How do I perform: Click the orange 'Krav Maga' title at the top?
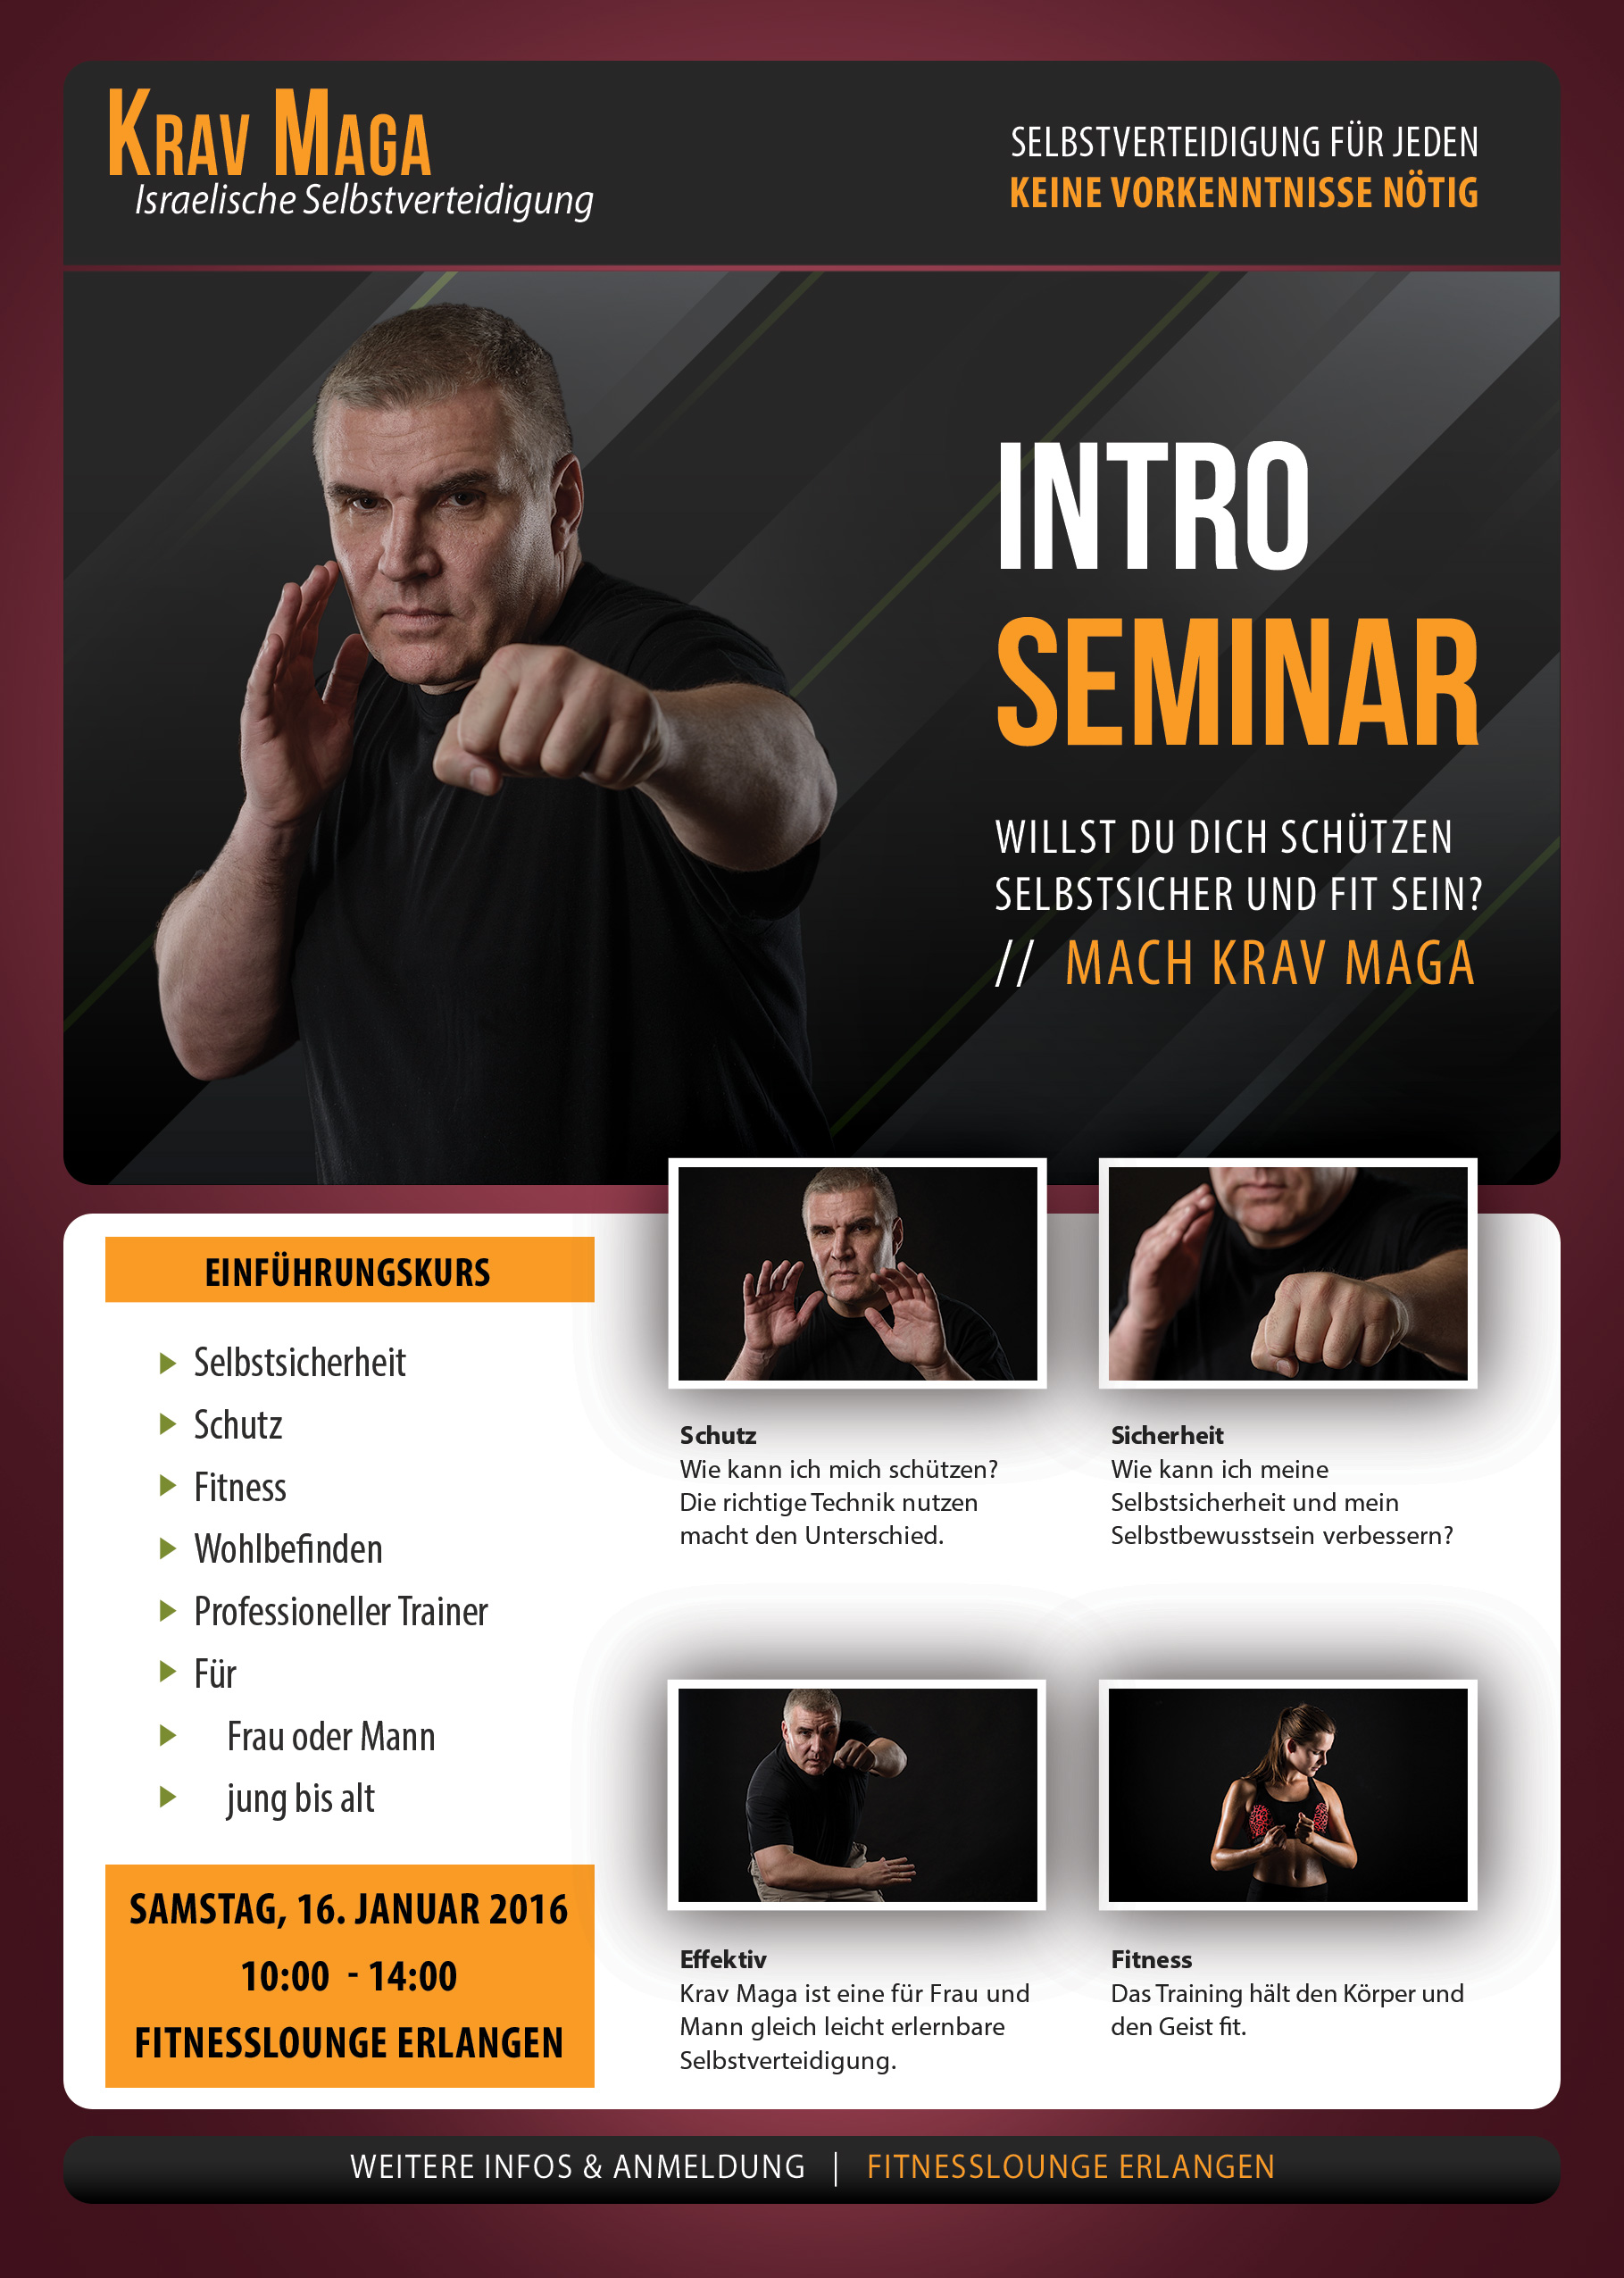tap(269, 132)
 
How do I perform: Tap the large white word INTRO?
tap(1153, 506)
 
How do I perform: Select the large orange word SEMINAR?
tap(1237, 682)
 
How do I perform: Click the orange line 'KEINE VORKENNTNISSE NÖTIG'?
tap(1244, 193)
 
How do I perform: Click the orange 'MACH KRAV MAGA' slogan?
tap(1269, 963)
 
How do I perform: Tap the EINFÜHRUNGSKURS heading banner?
tap(349, 1270)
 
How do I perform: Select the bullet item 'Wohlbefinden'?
tap(288, 1549)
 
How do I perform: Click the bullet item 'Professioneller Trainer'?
tap(341, 1612)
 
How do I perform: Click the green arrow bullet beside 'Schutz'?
tap(168, 1425)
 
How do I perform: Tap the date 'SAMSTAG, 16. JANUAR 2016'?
tap(349, 1910)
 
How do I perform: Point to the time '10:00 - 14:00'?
tap(349, 1977)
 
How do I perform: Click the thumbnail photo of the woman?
tap(1288, 1795)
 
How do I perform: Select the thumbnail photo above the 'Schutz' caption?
tap(858, 1273)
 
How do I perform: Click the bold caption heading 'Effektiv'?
tap(723, 1959)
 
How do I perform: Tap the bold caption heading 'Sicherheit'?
tap(1167, 1435)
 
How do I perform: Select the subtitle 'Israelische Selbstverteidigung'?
tap(364, 200)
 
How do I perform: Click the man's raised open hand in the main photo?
tap(300, 690)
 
